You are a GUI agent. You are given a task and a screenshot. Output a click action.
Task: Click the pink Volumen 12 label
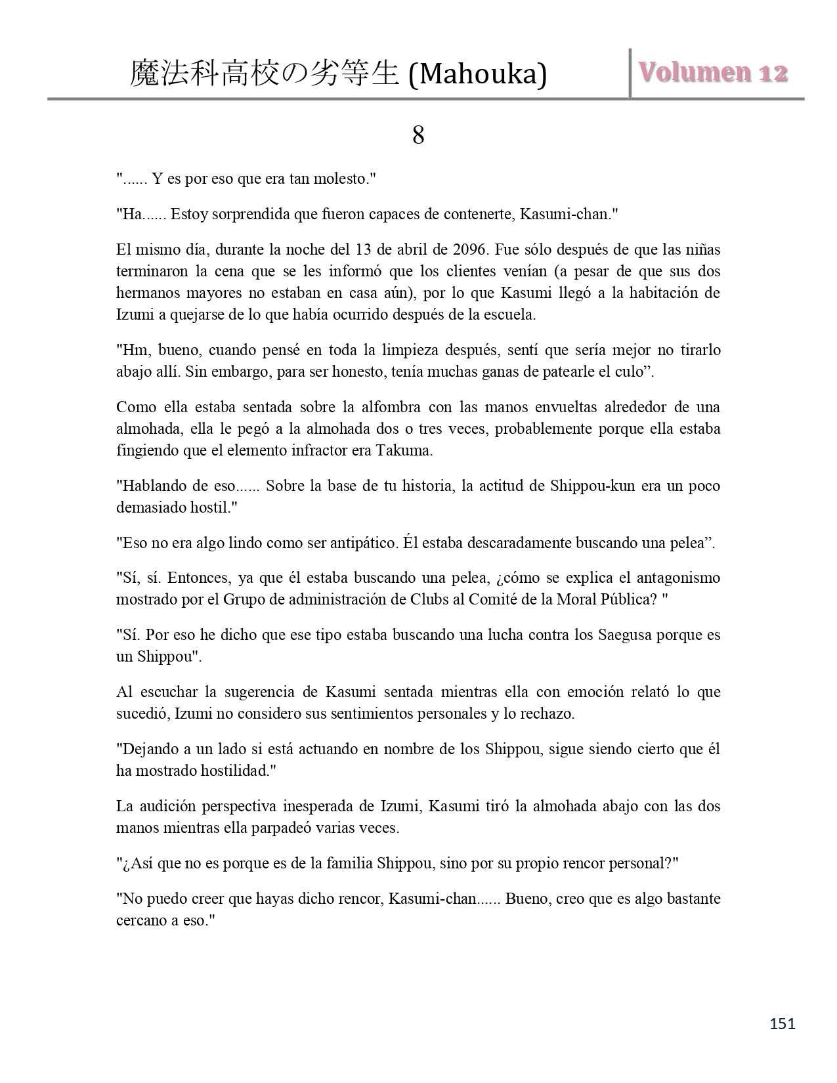(x=714, y=73)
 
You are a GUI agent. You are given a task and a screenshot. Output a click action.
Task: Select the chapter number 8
(x=418, y=136)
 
